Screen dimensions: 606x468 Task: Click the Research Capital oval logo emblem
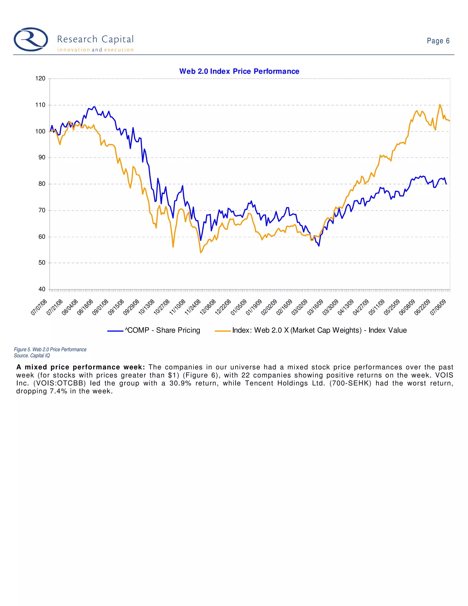[31, 39]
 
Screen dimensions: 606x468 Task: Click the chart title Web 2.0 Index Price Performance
[239, 71]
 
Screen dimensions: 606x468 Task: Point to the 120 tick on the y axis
[40, 78]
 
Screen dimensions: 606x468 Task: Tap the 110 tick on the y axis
[40, 105]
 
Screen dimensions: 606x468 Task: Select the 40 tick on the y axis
[42, 289]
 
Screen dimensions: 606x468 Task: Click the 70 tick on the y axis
[42, 210]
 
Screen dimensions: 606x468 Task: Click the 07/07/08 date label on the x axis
[39, 307]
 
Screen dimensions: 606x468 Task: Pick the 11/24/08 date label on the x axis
[192, 307]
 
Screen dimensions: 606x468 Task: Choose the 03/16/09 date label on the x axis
[315, 307]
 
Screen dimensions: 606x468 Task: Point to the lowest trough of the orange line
[200, 252]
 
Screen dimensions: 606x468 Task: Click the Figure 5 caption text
[50, 350]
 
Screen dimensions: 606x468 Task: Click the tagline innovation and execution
[95, 50]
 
